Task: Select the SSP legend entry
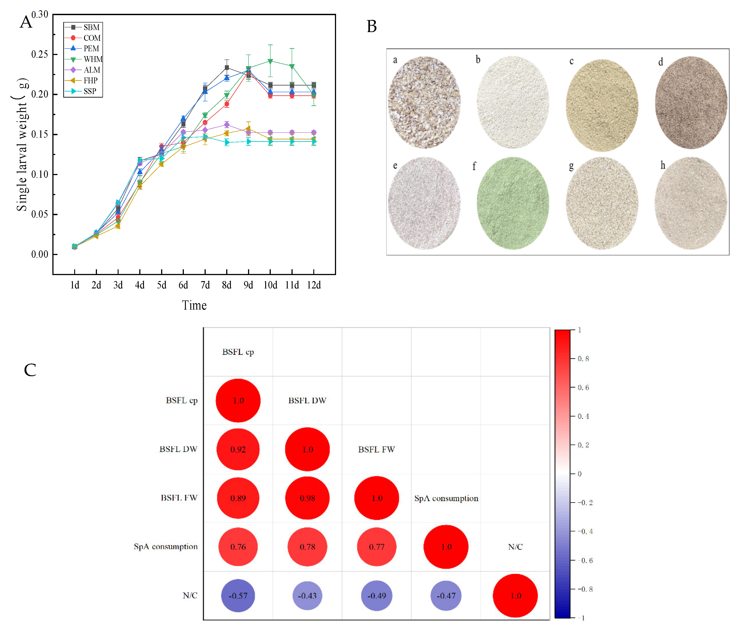coord(81,91)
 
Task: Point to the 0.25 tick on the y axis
coord(39,54)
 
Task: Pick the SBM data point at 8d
coord(227,67)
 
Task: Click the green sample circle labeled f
coord(513,203)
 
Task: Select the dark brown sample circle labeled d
coord(691,103)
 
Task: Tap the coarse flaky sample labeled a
coord(424,102)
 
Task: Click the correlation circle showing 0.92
coord(238,449)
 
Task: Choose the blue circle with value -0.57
coord(238,596)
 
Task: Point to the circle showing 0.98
coord(307,498)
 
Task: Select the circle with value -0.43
coord(307,596)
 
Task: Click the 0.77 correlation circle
coord(377,547)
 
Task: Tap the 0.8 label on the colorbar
coord(583,359)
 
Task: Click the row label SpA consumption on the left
coord(166,547)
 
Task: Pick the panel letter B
coord(372,27)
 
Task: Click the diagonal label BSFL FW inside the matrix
coord(376,449)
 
